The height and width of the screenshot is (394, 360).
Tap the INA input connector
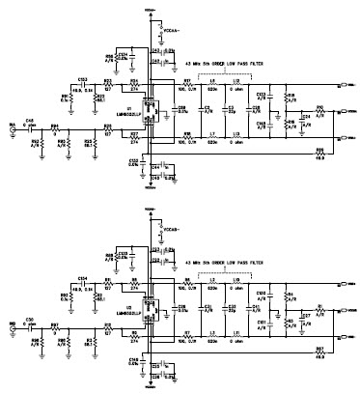[12, 127]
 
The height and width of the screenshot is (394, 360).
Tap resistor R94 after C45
[55, 126]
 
